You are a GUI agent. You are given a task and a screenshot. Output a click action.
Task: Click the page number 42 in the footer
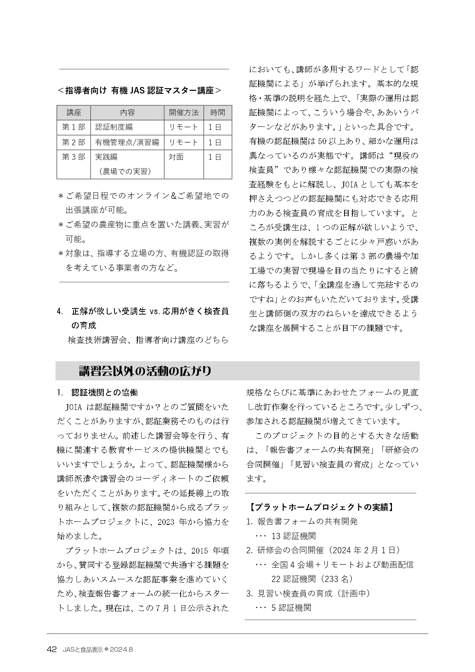(x=52, y=649)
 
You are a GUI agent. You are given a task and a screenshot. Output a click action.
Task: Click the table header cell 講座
(x=74, y=113)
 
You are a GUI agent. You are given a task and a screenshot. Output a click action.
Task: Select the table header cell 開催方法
(x=184, y=113)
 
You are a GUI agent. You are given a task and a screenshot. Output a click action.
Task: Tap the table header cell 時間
(x=217, y=113)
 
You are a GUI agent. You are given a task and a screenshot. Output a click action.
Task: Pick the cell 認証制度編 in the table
(x=114, y=127)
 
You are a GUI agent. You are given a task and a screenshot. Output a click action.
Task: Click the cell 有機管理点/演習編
(x=127, y=143)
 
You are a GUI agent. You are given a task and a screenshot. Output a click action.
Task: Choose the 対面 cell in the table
(x=176, y=157)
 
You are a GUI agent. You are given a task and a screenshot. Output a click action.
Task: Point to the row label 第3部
(x=74, y=157)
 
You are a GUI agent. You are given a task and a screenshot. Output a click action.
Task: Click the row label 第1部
(x=74, y=127)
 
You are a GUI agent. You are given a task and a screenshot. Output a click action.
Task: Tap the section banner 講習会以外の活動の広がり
(x=145, y=371)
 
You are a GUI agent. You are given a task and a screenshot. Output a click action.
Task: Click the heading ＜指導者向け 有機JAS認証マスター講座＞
(x=139, y=90)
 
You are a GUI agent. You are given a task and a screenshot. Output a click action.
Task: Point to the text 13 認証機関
(x=294, y=536)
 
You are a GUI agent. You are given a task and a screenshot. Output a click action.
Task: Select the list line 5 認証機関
(x=291, y=608)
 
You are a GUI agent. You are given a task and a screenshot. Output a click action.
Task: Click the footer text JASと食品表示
(x=83, y=650)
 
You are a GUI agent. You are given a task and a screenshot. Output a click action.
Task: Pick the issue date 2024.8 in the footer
(x=121, y=650)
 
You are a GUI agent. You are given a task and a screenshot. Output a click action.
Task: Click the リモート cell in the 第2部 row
(x=183, y=143)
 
